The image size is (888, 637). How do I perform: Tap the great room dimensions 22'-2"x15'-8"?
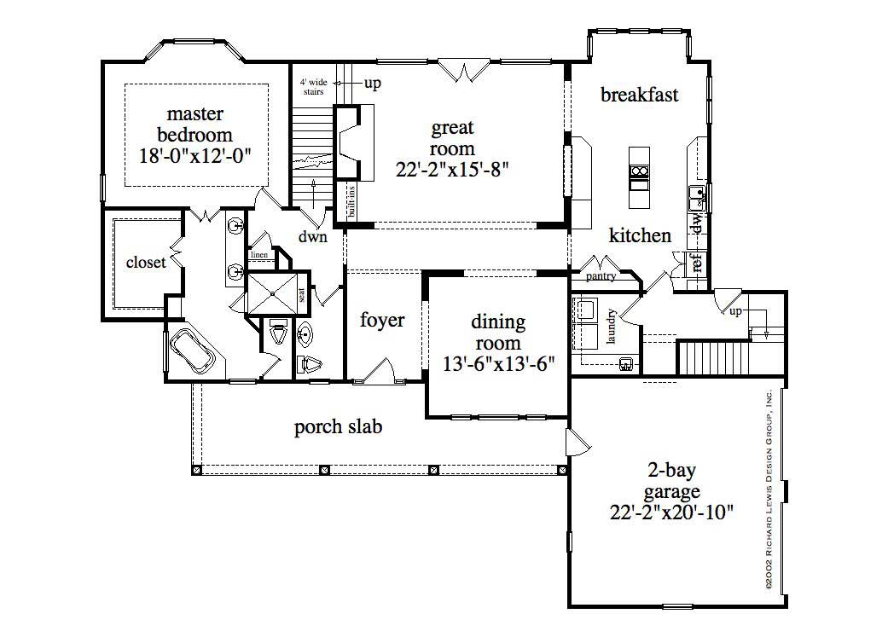[452, 169]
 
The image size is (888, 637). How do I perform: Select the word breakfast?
[640, 95]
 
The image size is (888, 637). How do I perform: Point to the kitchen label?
[640, 235]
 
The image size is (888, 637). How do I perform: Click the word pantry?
[601, 276]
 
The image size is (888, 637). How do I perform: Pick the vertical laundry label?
[612, 326]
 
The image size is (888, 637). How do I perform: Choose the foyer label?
[382, 321]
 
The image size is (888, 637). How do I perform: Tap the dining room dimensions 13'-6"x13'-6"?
[498, 364]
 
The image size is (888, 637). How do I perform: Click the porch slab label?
[338, 426]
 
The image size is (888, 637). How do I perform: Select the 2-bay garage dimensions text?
[673, 512]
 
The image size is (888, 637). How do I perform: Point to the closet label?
[146, 263]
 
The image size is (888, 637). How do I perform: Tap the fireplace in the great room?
[350, 142]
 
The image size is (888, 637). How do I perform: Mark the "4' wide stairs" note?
[312, 87]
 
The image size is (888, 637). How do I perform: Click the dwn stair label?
[312, 237]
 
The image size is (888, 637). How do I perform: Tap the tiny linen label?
[258, 255]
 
